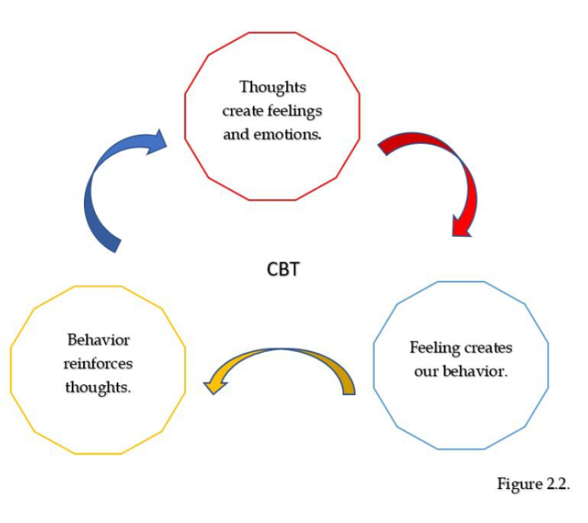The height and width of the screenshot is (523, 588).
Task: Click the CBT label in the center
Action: [x=283, y=269]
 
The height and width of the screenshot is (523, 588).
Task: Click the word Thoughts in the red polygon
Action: [x=272, y=87]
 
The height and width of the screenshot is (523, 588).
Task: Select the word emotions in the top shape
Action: [x=288, y=134]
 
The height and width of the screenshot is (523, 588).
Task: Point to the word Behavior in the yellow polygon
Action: [x=98, y=340]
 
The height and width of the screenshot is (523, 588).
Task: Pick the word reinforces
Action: [x=98, y=363]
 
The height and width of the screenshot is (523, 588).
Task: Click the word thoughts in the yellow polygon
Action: [x=98, y=388]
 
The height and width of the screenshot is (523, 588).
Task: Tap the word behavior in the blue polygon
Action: [x=475, y=371]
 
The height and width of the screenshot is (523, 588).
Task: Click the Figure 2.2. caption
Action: [x=534, y=484]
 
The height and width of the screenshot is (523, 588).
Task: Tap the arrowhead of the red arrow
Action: [x=461, y=227]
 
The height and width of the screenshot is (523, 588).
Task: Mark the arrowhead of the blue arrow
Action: [x=157, y=142]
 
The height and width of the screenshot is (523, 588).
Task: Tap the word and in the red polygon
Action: [x=236, y=134]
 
